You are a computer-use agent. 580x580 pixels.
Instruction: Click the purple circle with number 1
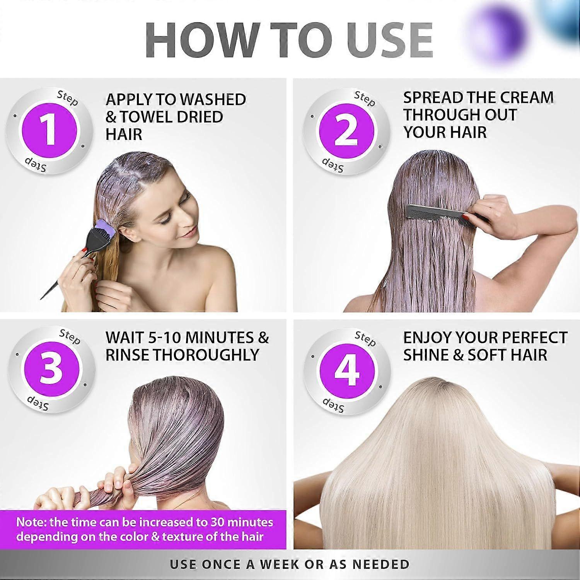(49, 131)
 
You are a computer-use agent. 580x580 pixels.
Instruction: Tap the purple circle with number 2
(346, 131)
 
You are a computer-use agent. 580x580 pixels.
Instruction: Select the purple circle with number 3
(51, 369)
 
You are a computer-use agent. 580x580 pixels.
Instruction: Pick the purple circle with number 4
(347, 370)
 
